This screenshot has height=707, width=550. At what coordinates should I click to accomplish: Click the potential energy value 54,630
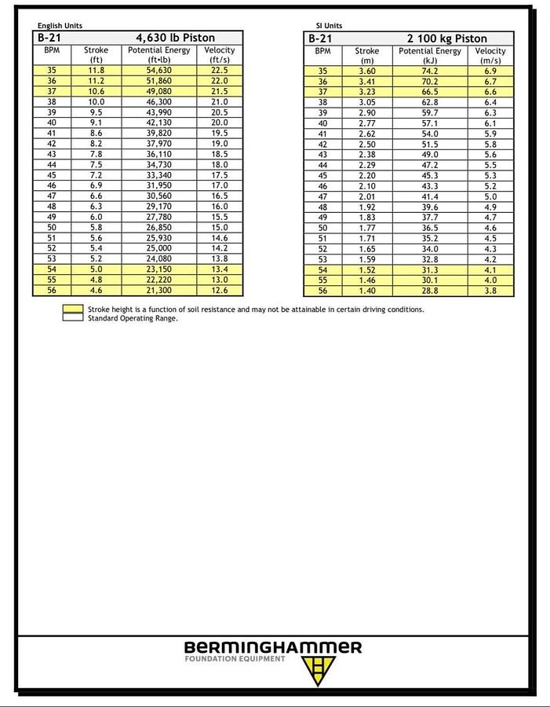158,71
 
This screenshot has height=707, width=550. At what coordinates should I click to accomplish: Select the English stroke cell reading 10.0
96,102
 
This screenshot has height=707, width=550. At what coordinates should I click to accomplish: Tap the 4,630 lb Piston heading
175,38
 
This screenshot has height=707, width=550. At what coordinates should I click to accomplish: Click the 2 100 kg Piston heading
446,38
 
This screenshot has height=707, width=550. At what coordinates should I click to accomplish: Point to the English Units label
60,26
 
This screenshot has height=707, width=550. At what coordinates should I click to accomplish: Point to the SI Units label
329,26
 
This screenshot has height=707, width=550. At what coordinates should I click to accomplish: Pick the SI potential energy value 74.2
430,71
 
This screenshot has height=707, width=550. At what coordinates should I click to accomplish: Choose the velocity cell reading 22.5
220,71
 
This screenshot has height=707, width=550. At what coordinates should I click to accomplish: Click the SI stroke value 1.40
366,291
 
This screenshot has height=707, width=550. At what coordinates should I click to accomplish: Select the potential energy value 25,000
158,249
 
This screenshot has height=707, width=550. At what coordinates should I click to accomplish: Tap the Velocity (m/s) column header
490,55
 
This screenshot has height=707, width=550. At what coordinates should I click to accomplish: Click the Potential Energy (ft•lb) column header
158,55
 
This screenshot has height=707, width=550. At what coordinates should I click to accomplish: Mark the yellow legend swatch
73,310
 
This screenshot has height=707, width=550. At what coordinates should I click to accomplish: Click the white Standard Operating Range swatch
73,318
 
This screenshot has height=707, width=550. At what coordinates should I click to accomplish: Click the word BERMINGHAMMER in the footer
273,647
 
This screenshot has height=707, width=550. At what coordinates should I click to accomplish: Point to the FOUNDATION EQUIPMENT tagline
235,659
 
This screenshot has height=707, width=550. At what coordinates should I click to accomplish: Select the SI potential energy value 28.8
430,291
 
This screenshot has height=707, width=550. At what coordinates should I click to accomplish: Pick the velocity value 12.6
220,291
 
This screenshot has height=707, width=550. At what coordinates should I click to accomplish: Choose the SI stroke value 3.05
366,102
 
